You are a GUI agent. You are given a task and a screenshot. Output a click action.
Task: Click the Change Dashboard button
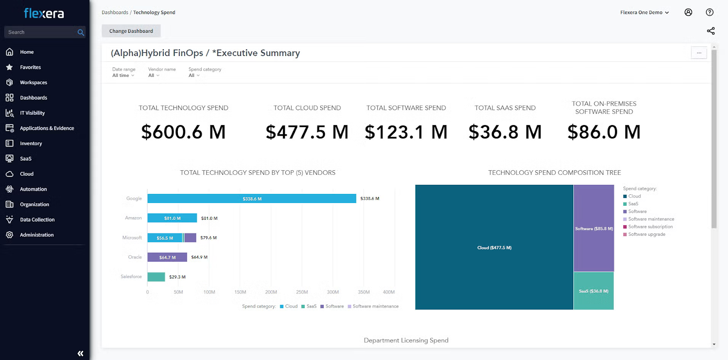click(x=131, y=31)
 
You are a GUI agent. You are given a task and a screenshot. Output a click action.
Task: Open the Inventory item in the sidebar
click(x=31, y=143)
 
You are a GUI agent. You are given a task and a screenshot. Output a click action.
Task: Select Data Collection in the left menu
click(x=37, y=220)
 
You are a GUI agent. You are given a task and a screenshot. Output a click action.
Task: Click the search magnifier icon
click(x=81, y=32)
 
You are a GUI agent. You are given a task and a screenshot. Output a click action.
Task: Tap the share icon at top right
click(x=710, y=31)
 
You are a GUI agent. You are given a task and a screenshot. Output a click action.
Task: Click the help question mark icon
click(x=709, y=12)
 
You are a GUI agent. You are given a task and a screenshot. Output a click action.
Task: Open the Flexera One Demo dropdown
click(x=644, y=12)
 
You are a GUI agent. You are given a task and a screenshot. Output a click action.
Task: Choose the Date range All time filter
click(x=123, y=76)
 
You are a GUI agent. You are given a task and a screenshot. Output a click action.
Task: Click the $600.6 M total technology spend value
click(x=183, y=132)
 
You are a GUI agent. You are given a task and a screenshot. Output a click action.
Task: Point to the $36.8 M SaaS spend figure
click(x=505, y=132)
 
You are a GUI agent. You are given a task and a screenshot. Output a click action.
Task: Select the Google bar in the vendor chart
click(x=252, y=199)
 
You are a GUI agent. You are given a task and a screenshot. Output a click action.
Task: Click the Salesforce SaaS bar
click(x=156, y=277)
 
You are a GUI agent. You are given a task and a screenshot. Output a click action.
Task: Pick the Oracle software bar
click(x=167, y=257)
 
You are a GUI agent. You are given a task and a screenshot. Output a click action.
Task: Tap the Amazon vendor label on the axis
click(x=133, y=218)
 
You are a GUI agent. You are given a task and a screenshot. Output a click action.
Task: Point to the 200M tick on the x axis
click(x=271, y=292)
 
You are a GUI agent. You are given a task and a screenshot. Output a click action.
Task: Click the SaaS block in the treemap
click(x=593, y=291)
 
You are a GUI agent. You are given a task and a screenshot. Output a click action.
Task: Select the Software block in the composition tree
click(x=593, y=228)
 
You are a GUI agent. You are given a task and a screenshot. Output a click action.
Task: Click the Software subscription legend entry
click(x=650, y=227)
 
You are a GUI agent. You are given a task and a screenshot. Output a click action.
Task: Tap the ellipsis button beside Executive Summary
click(x=699, y=53)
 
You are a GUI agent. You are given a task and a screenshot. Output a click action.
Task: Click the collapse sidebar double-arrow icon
click(x=81, y=353)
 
